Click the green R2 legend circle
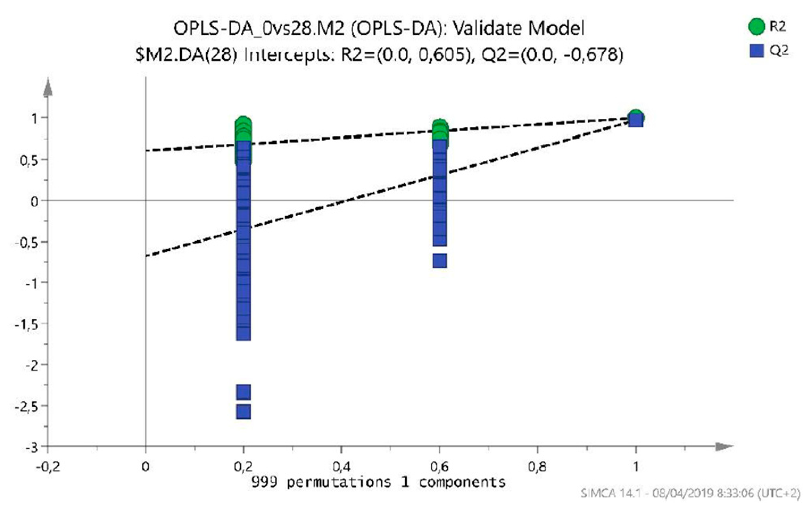tap(756, 27)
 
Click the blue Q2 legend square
tap(756, 50)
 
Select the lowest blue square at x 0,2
tap(243, 412)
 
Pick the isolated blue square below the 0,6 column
tap(440, 261)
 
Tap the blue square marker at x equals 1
tap(636, 120)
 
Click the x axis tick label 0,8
tap(537, 467)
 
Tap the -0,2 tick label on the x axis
tap(48, 467)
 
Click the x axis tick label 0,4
tap(342, 467)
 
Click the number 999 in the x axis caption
tap(264, 482)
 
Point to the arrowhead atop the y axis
tap(48, 87)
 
